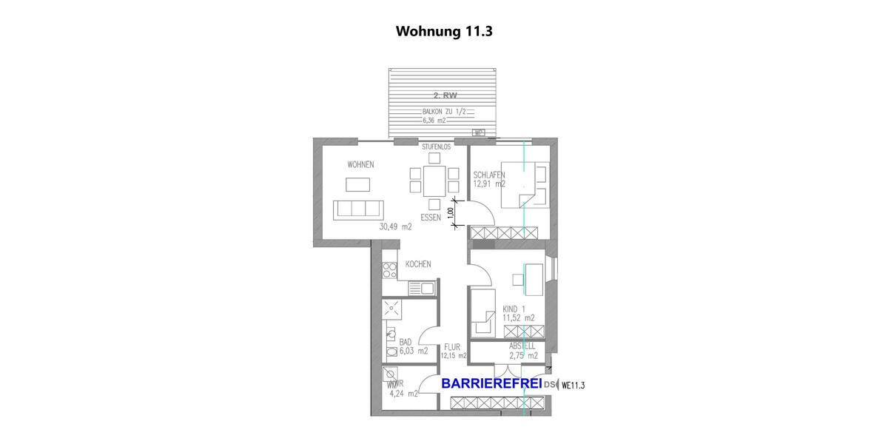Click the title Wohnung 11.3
444,31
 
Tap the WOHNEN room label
360,164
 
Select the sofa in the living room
359,209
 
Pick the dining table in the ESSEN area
434,181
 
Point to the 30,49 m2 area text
395,227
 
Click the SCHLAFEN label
489,175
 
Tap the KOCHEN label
417,264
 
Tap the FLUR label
452,346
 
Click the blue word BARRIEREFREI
491,384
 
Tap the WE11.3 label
573,385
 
